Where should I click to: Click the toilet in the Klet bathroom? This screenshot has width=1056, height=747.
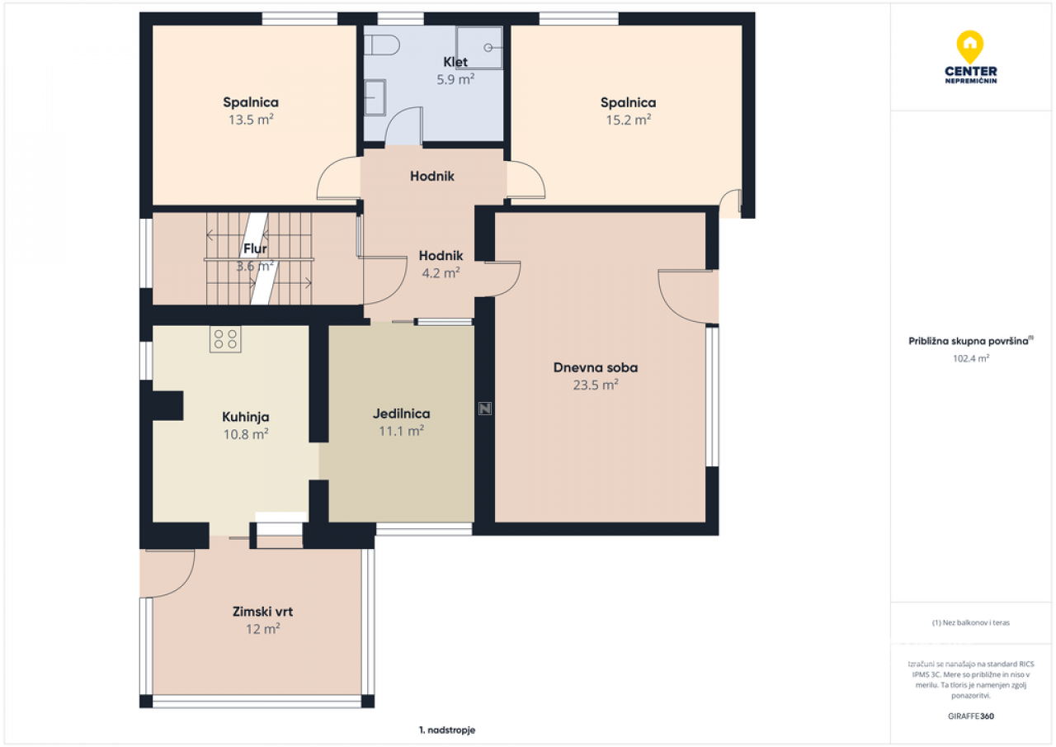coord(382,45)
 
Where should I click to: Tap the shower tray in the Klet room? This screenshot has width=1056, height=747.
coord(479,48)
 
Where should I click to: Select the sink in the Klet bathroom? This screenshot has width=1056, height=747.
coord(375,97)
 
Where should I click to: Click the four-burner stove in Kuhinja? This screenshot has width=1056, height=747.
coord(225,338)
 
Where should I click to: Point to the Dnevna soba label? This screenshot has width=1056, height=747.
coord(596,367)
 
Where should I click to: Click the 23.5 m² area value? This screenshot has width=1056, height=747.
coord(596,385)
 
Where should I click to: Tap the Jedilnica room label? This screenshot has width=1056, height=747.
coord(401,414)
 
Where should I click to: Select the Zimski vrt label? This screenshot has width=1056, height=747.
coord(262,612)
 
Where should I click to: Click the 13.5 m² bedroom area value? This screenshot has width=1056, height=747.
coord(251,120)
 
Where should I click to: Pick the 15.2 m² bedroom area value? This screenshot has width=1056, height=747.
coord(629,120)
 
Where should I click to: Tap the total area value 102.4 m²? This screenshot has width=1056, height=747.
coord(971,358)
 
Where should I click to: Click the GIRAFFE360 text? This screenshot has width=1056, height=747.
coord(971,716)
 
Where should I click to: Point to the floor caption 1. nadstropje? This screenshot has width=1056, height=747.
coord(447,730)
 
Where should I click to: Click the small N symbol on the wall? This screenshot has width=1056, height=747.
coord(485,409)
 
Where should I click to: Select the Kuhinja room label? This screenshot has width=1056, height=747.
coord(246,417)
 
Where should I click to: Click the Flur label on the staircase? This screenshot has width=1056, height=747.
coord(255,248)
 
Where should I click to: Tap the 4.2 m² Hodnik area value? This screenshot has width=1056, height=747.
coord(441,272)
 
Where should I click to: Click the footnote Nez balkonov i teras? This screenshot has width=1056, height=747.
coord(971,622)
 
